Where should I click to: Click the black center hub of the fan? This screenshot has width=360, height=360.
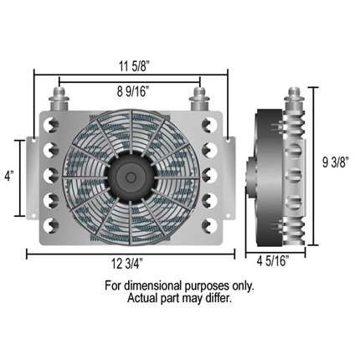pos(130,176)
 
